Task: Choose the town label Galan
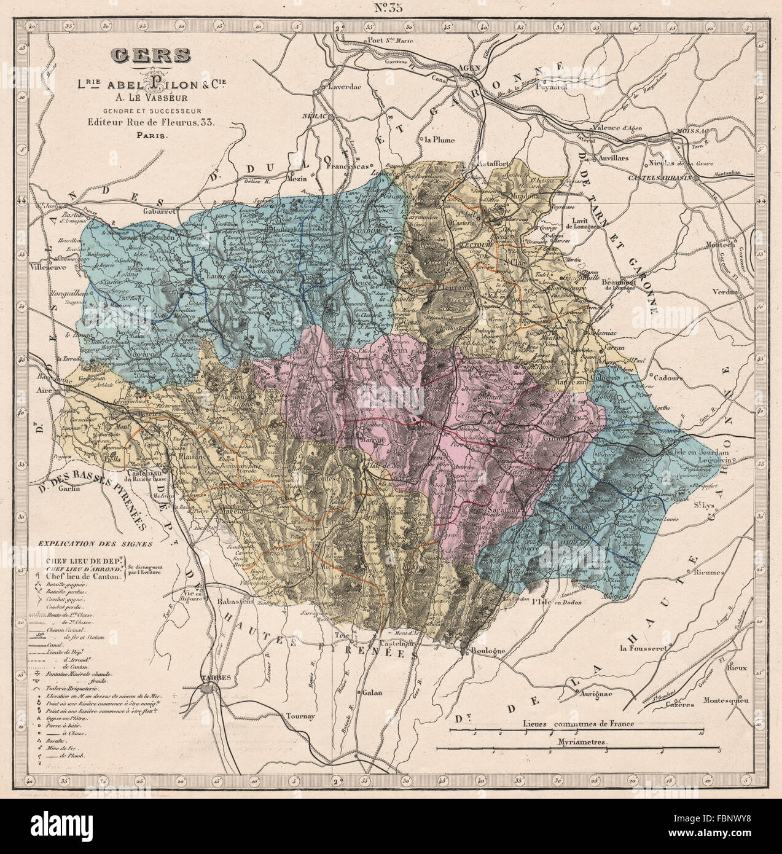tap(371, 692)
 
